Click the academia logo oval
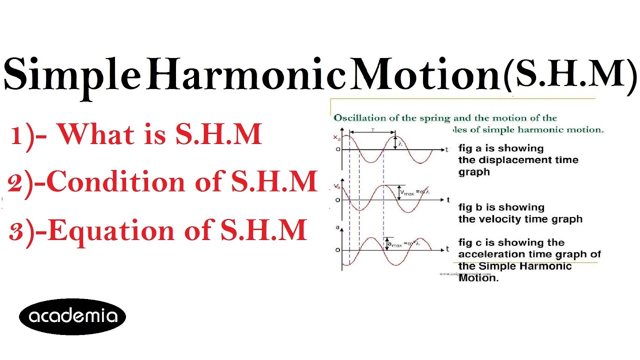pos(72,316)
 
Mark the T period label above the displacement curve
pos(372,129)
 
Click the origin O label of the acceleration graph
pos(337,249)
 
